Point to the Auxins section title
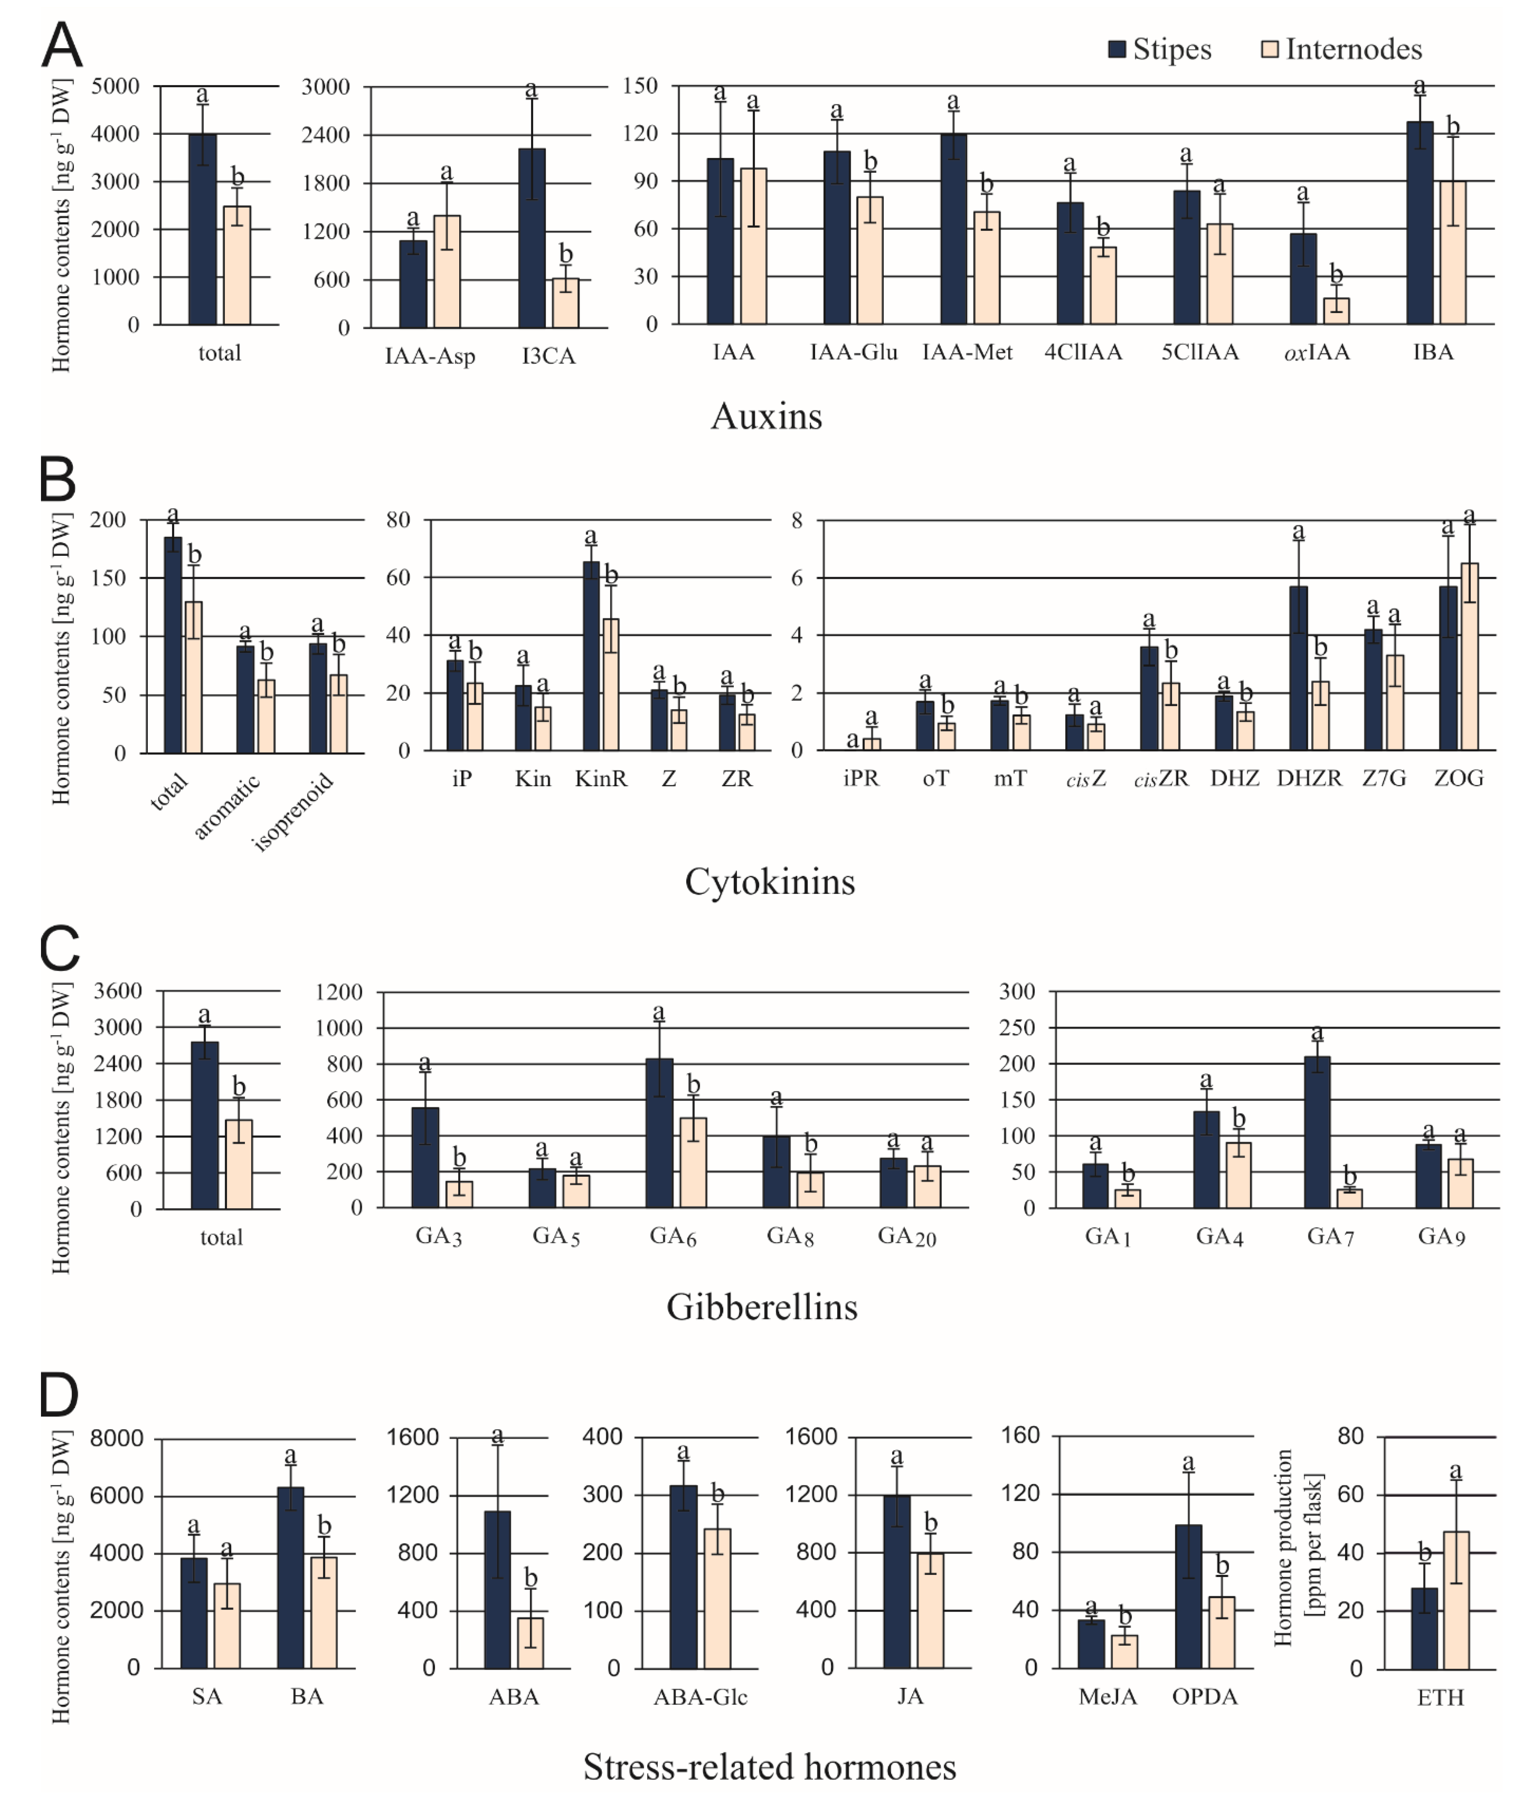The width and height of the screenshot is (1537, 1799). (766, 417)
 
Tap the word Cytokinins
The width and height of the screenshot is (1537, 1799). (769, 882)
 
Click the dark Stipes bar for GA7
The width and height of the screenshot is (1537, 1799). (1316, 1131)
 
